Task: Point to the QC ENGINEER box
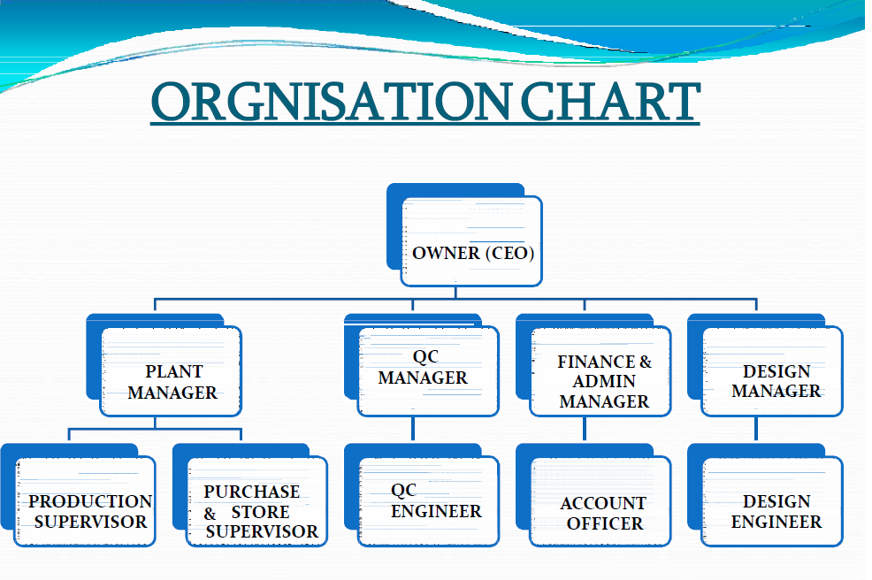click(429, 501)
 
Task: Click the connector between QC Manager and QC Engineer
click(413, 429)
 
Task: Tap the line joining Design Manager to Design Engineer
click(756, 429)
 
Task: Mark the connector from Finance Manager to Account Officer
click(585, 429)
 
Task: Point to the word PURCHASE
click(252, 492)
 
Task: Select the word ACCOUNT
click(603, 503)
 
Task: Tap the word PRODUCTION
click(90, 501)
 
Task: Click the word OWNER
click(445, 254)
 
